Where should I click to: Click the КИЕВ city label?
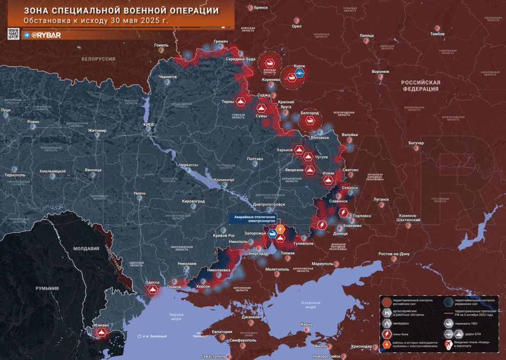(149, 124)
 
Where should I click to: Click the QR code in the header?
(14, 34)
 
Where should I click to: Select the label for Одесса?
(152, 282)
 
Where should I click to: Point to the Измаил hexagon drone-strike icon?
(102, 332)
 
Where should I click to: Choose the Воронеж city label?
(381, 71)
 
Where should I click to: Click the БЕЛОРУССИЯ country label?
(98, 59)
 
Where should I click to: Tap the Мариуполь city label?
(322, 264)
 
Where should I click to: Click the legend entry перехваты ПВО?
(467, 323)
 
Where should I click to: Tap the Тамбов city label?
(437, 34)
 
